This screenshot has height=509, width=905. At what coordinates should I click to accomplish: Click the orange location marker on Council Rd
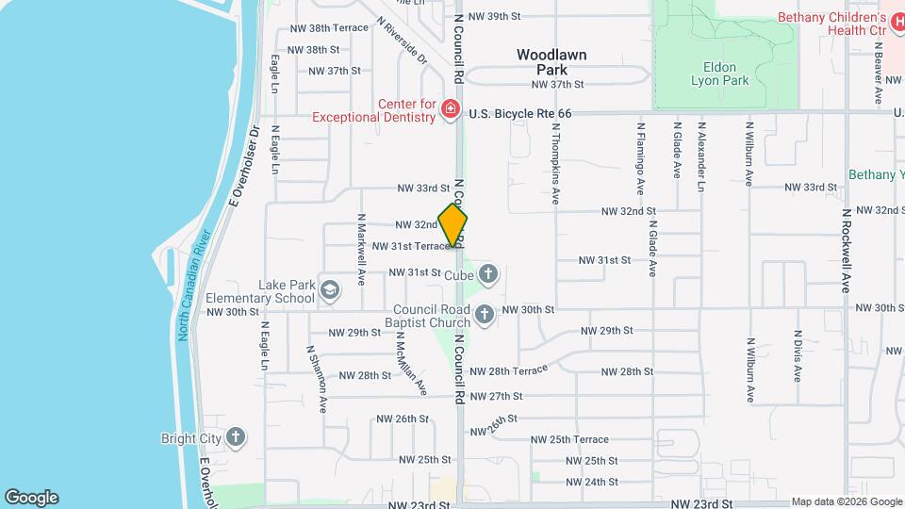point(452,226)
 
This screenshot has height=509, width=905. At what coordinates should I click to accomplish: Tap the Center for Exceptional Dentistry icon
point(451,111)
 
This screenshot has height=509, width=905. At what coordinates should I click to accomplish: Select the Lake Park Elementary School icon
point(330,288)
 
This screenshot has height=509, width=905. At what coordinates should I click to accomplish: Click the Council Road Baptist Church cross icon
point(485,315)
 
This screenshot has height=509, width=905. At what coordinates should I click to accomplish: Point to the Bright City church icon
point(236,437)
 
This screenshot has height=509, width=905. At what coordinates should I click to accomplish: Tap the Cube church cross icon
point(487,274)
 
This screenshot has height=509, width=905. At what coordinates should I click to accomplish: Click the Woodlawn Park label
point(551,62)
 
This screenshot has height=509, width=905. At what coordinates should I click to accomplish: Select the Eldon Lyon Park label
point(726,74)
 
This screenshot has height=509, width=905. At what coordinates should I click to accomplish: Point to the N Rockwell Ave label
point(847,249)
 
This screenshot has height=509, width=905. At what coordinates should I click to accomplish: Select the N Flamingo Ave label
point(640,159)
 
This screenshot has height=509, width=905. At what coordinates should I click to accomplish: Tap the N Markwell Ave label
point(361,250)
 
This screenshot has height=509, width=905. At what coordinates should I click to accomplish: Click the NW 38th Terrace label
point(327,28)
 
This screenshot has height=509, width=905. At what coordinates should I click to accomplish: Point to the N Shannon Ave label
point(316,379)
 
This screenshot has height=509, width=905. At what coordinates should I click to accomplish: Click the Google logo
point(31,498)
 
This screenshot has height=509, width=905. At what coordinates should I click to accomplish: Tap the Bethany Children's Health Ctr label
point(831,24)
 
